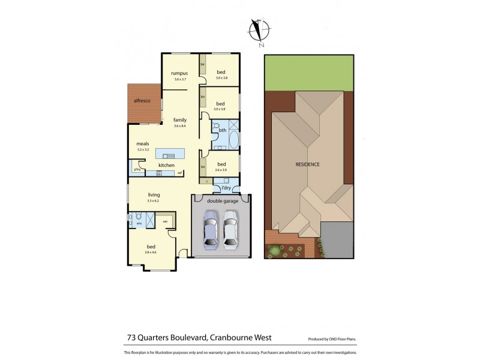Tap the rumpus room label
179,73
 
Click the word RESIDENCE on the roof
307,164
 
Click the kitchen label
166,165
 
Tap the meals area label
143,143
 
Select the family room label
180,120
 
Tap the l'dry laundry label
226,188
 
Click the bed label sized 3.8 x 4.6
152,247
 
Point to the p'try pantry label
137,169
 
